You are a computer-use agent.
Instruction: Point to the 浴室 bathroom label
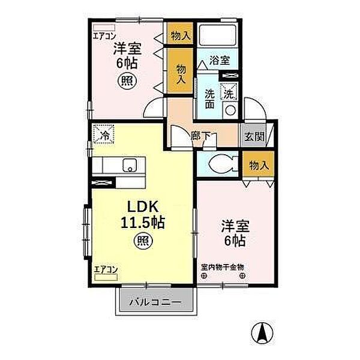219,60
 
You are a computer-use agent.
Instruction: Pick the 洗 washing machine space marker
229,92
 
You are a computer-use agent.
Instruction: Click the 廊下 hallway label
202,136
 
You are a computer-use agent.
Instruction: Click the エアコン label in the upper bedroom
104,35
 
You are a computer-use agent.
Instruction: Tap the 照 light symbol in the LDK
143,242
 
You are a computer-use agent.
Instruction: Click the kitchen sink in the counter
130,165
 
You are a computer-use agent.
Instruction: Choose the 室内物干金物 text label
223,266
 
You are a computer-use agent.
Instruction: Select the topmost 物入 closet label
181,36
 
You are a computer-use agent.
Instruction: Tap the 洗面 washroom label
210,99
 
